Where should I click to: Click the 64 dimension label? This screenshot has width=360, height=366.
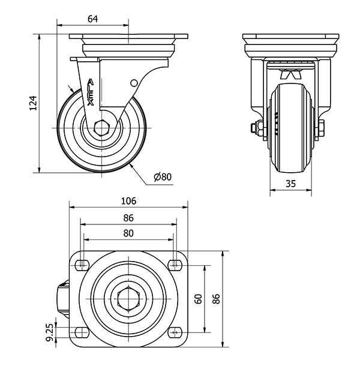point(93,19)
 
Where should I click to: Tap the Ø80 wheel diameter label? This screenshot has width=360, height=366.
point(163,177)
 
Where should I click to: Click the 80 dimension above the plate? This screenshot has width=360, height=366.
point(128,233)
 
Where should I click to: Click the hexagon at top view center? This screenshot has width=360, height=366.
point(128,298)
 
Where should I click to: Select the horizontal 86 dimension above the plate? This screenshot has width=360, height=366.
point(128,217)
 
